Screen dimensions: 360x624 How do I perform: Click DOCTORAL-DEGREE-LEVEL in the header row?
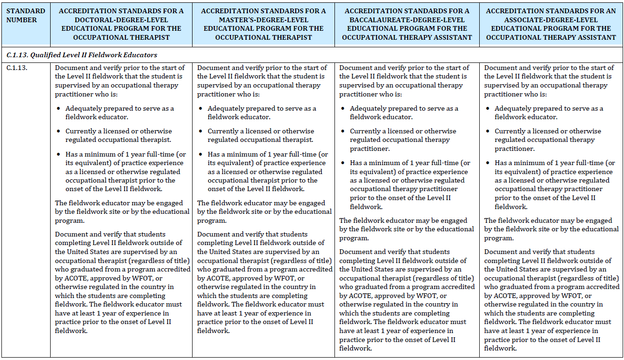click(121, 20)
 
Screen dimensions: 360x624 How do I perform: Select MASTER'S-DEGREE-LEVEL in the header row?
click(263, 20)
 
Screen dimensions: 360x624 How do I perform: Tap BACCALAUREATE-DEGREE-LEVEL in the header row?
click(407, 20)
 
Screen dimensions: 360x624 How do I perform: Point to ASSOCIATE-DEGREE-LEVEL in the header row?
click(551, 20)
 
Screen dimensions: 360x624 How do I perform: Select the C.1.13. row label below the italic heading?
click(17, 68)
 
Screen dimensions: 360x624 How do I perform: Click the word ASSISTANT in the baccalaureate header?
click(454, 37)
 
